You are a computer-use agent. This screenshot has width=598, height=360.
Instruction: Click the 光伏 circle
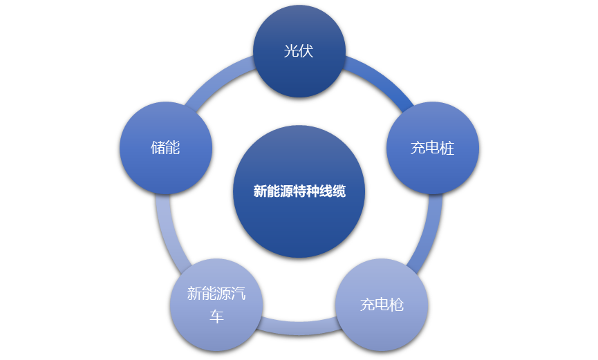(x=299, y=51)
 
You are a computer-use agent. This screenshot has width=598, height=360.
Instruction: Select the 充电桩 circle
(x=432, y=148)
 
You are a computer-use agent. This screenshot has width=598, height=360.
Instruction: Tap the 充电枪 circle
(x=382, y=304)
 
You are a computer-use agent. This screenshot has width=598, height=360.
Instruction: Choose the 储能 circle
(x=165, y=148)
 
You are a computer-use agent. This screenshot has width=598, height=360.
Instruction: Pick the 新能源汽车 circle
(x=216, y=304)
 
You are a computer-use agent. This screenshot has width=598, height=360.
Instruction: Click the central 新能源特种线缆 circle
(x=299, y=191)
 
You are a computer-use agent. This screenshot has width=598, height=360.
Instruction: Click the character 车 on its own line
(x=216, y=316)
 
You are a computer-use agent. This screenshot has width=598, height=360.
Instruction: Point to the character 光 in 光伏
(x=291, y=51)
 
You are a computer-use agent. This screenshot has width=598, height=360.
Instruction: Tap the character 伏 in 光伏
(x=306, y=51)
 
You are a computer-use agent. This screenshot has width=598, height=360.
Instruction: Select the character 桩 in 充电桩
(x=447, y=148)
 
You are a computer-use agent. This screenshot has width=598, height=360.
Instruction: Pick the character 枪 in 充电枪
(x=397, y=304)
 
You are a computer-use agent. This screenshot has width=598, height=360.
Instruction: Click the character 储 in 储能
(x=158, y=148)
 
